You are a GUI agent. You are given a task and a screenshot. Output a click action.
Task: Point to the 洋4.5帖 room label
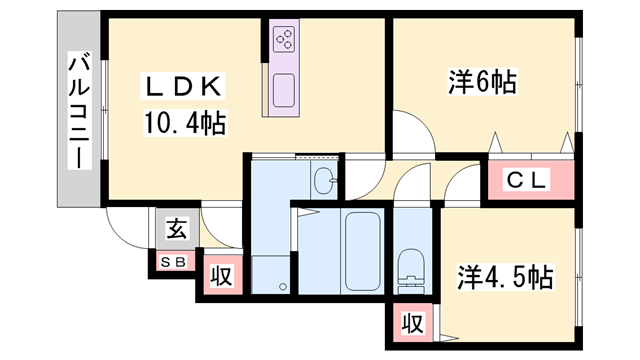505,274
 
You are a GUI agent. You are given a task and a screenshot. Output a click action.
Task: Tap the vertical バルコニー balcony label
76,110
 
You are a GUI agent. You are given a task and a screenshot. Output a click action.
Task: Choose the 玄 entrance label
175,229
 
